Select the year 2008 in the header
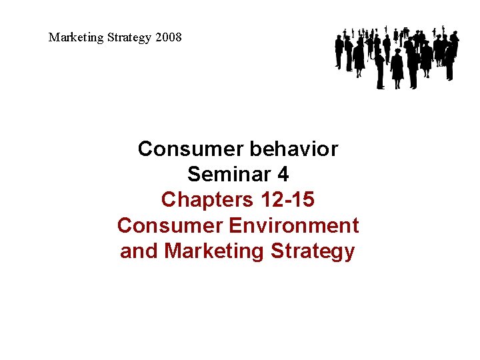168,37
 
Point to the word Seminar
229,174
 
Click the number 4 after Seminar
283,174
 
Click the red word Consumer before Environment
170,225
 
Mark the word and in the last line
139,251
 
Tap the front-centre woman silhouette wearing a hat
397,67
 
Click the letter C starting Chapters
169,199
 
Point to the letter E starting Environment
236,225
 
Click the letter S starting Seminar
194,174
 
